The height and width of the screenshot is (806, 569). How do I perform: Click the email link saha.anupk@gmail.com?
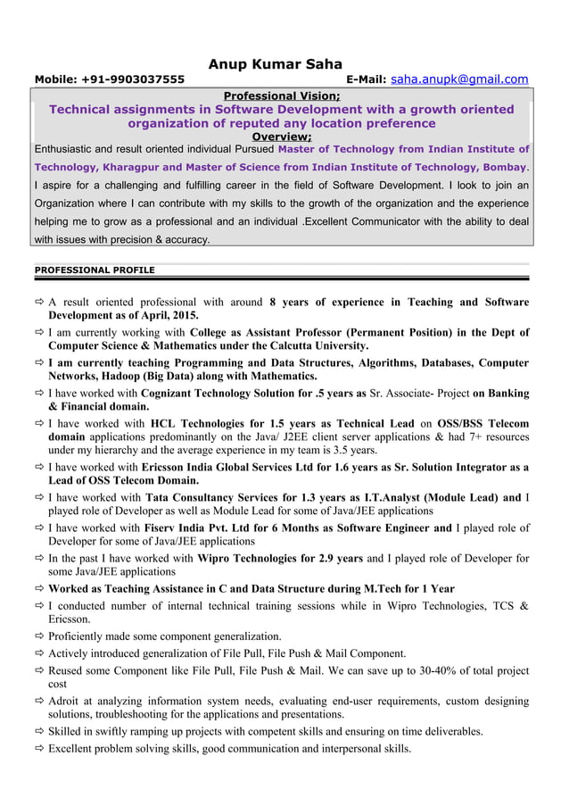pyautogui.click(x=460, y=79)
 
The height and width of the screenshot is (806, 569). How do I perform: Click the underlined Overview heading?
pyautogui.click(x=281, y=137)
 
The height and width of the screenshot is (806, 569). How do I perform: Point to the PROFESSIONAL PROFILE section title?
pyautogui.click(x=94, y=270)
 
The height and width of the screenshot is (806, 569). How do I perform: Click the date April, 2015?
pyautogui.click(x=169, y=315)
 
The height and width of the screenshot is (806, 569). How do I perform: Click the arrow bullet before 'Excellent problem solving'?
pyautogui.click(x=39, y=749)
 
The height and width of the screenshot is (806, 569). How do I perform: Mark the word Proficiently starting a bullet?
pyautogui.click(x=79, y=636)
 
